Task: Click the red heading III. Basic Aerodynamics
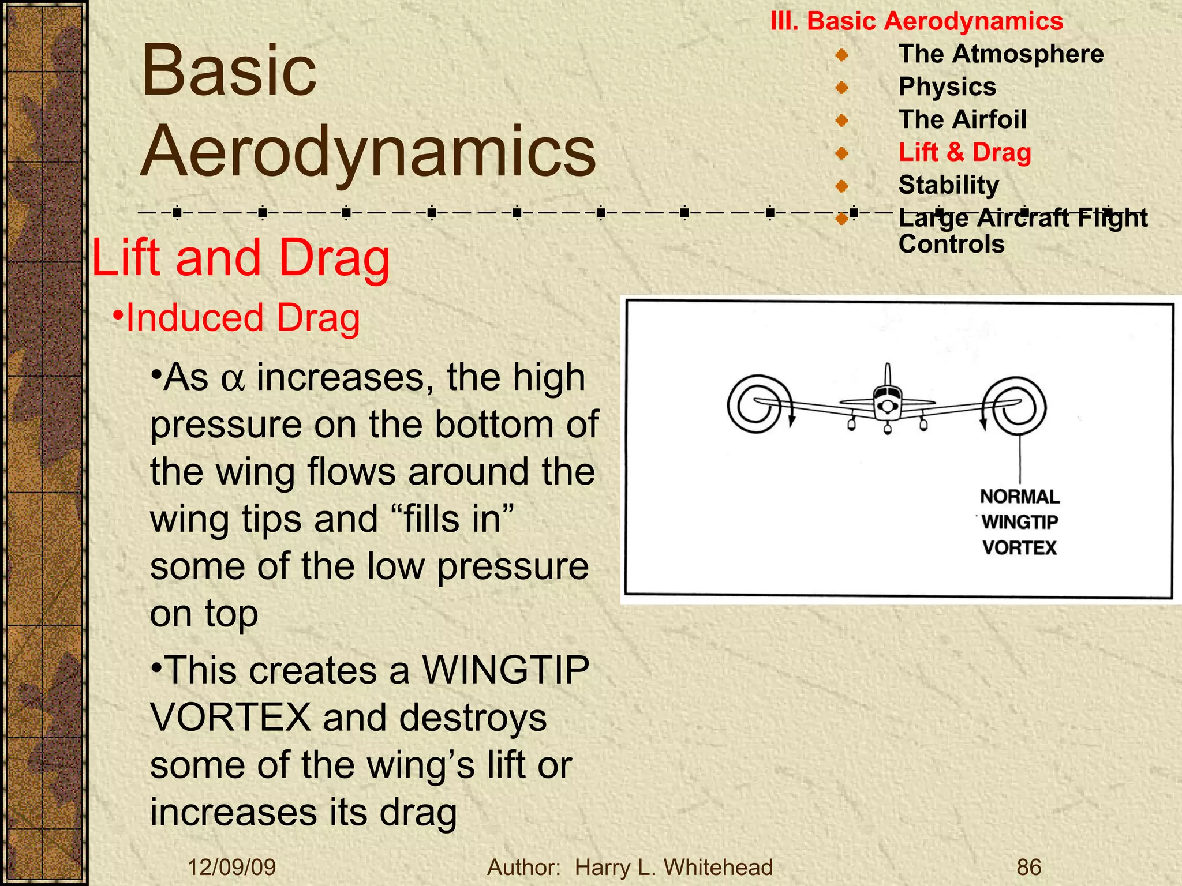click(917, 22)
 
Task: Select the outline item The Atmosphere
click(1001, 54)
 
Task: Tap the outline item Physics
click(947, 87)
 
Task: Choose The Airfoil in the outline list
click(962, 120)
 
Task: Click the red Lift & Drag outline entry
click(964, 153)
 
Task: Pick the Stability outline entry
click(948, 186)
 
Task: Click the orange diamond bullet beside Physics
click(841, 88)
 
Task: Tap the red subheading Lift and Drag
click(241, 258)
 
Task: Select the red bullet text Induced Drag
click(242, 318)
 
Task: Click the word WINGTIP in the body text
click(506, 670)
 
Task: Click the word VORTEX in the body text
click(231, 718)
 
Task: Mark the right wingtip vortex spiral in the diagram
click(1015, 406)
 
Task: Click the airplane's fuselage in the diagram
click(887, 404)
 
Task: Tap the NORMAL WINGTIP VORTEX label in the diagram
click(1019, 522)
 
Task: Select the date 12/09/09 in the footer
click(231, 867)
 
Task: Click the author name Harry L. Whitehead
click(674, 867)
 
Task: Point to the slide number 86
click(1028, 867)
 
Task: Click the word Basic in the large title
click(229, 72)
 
